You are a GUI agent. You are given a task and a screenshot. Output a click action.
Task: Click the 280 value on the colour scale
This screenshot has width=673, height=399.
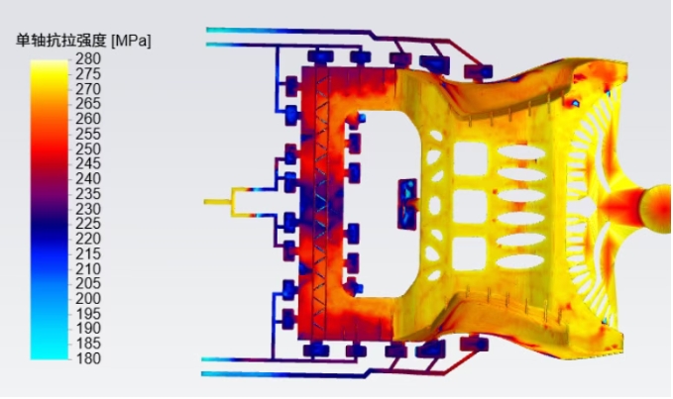[x=88, y=58]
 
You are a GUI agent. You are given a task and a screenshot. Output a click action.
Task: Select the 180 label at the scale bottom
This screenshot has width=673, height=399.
[x=88, y=358]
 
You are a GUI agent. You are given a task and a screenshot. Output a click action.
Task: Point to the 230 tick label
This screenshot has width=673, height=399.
[x=88, y=209]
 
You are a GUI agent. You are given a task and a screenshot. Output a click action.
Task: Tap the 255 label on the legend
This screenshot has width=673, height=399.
[x=88, y=134]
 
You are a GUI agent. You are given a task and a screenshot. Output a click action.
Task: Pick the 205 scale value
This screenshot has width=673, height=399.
[x=88, y=283]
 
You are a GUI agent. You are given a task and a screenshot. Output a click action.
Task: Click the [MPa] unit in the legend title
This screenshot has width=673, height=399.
[x=131, y=42]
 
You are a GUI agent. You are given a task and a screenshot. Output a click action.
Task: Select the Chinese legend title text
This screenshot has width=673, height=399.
[x=60, y=41]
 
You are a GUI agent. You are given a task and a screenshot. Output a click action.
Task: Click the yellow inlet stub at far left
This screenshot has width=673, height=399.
[x=218, y=201]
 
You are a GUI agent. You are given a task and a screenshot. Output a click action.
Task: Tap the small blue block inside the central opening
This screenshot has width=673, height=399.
[x=407, y=204]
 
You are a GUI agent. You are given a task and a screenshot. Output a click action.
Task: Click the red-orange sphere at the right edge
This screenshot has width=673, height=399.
[x=657, y=209]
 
